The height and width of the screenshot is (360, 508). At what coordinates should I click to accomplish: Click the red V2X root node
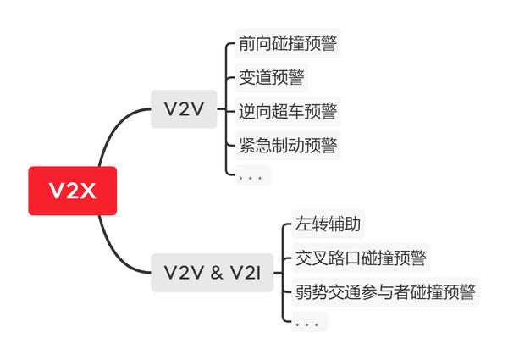click(72, 191)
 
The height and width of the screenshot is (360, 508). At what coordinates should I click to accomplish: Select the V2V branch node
click(184, 109)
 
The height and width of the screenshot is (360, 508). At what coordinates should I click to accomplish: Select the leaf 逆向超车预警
click(288, 111)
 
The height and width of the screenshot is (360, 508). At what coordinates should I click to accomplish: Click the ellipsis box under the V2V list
click(252, 175)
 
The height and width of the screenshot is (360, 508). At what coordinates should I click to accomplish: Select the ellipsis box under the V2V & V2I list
click(309, 322)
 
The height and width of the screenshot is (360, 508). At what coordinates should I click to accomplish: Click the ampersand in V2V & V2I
click(216, 273)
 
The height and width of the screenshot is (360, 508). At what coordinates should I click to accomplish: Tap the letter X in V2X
click(87, 191)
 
